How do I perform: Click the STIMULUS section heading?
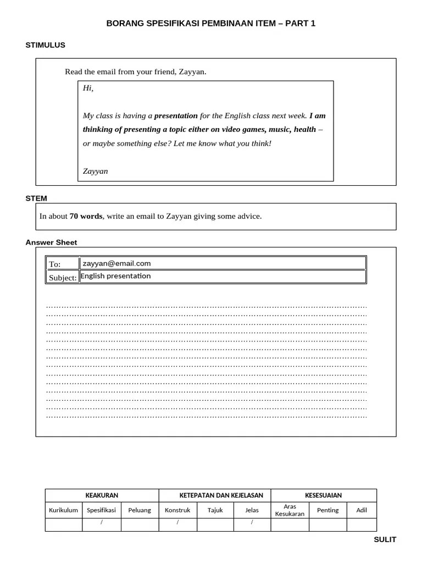(45, 45)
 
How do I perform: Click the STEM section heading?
(36, 198)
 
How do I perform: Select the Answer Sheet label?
(51, 242)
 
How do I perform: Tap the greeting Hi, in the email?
(88, 88)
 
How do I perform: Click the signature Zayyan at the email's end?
(95, 171)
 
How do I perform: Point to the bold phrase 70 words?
(86, 216)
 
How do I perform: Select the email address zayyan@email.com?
(116, 263)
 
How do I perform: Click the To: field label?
(55, 264)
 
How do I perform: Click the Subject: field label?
(63, 278)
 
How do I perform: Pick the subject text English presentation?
(115, 276)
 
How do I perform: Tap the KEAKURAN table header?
(102, 495)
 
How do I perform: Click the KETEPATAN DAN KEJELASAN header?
(214, 495)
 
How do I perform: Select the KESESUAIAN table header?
(323, 495)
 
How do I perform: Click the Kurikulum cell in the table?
(63, 510)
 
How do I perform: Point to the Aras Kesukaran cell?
(290, 510)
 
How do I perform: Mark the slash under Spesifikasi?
(102, 522)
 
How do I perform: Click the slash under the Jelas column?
(252, 522)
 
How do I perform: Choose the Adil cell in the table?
(362, 510)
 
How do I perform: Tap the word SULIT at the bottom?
(385, 539)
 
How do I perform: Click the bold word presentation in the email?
(176, 115)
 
